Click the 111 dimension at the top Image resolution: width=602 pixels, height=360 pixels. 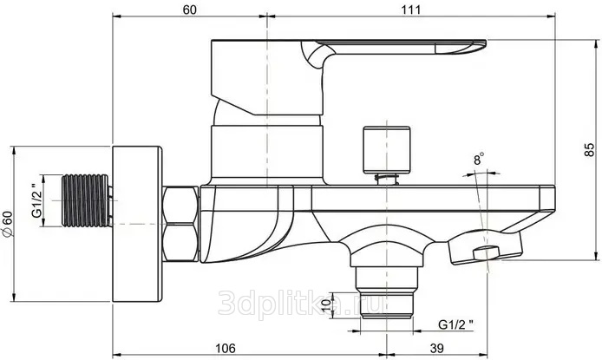[x=411, y=10]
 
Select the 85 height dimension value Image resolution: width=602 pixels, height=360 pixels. [x=589, y=150]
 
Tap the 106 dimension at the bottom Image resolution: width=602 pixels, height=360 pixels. [x=225, y=348]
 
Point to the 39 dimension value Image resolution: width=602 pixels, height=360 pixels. [x=436, y=348]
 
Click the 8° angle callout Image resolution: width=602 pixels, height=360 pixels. [x=478, y=159]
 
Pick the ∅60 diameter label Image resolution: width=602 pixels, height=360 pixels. [x=8, y=224]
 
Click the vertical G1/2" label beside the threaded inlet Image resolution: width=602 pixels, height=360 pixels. [x=36, y=200]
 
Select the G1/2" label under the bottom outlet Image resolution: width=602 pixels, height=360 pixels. [x=455, y=324]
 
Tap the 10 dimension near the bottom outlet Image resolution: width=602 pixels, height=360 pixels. [x=326, y=305]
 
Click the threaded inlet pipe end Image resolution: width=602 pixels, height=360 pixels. [x=86, y=200]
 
